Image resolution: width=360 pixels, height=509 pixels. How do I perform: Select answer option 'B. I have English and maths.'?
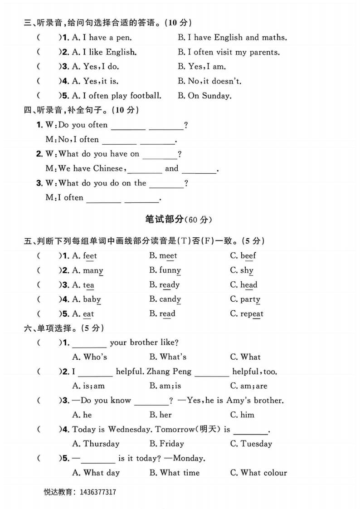232,38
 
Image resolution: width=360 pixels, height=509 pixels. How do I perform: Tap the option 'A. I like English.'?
104,52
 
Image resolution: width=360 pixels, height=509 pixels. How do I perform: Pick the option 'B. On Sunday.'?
204,96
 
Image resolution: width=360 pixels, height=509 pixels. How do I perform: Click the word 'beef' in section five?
248,256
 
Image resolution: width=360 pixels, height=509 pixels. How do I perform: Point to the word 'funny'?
170,270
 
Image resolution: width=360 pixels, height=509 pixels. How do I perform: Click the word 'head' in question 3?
248,285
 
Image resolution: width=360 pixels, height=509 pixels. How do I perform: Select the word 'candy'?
170,299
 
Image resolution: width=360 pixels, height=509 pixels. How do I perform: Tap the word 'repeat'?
252,314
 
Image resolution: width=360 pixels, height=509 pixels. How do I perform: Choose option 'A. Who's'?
90,357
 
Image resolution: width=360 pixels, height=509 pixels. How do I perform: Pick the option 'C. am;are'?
248,386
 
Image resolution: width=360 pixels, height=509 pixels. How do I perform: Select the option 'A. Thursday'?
96,444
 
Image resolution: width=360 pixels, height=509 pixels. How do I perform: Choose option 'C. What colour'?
258,473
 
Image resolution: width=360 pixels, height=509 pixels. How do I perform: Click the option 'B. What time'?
174,473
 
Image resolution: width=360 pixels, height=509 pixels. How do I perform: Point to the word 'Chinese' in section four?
108,169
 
